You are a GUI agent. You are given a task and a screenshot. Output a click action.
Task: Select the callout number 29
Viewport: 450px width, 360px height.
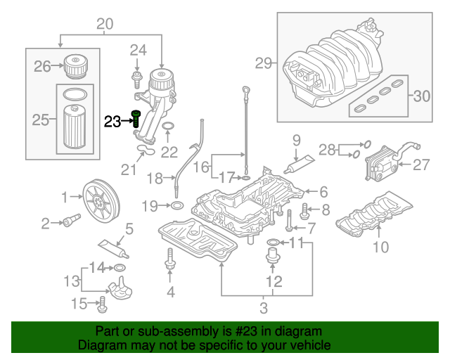[x=263, y=64]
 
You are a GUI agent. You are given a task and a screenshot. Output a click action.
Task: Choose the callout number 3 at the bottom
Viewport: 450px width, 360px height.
[x=264, y=307]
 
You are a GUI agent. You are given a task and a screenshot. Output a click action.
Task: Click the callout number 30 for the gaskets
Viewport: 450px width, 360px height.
[x=422, y=96]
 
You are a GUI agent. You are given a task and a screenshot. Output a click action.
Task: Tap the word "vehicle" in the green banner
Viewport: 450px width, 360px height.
[x=307, y=345]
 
